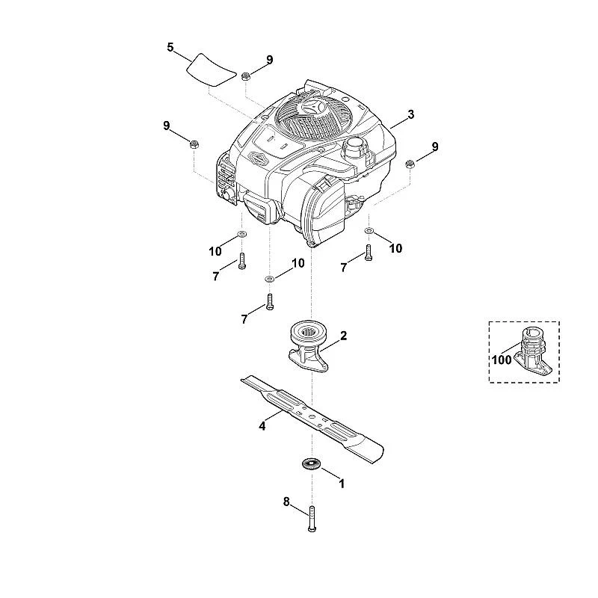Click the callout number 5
tap(170, 48)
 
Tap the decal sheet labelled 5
tap(211, 69)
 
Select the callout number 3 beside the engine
tap(410, 114)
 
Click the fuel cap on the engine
tap(356, 145)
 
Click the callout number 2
tap(344, 336)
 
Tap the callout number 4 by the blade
tap(262, 425)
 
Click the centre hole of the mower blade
tap(312, 414)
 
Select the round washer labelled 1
tap(312, 464)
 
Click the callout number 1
tap(342, 484)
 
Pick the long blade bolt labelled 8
tap(312, 519)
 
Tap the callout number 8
tap(286, 502)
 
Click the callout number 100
tap(502, 360)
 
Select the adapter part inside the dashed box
tap(531, 349)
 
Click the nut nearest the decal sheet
tap(245, 76)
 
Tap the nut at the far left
tap(194, 144)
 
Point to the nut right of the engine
tap(410, 164)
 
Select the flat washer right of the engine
tap(369, 230)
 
